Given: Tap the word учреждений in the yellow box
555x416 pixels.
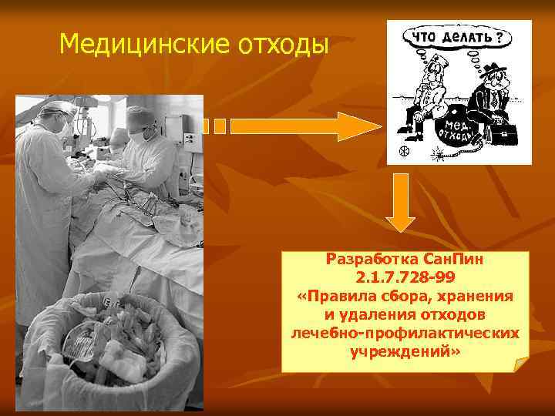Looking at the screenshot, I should pyautogui.click(x=402, y=351).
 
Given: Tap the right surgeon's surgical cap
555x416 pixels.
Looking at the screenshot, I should pyautogui.click(x=140, y=116).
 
